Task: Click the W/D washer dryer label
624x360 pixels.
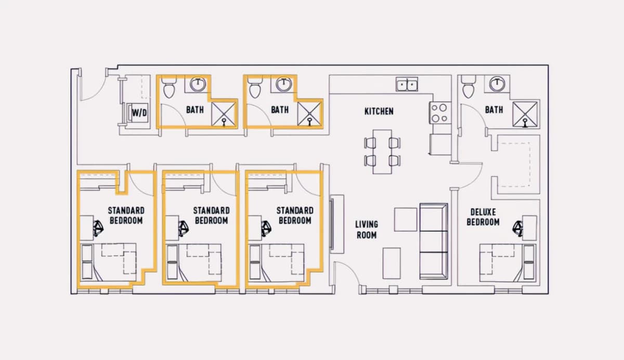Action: [x=139, y=113]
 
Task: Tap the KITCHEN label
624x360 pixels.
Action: [x=379, y=111]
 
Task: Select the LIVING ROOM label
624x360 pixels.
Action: [x=367, y=229]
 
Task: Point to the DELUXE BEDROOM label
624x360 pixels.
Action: [x=483, y=217]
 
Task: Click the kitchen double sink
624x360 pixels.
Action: [x=407, y=84]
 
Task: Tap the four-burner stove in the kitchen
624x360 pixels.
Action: [x=440, y=113]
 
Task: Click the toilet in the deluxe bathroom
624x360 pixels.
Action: [x=469, y=87]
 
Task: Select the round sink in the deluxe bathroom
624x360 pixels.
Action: [x=497, y=84]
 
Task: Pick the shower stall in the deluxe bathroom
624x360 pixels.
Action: [x=525, y=114]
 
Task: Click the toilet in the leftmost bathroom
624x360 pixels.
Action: [x=169, y=87]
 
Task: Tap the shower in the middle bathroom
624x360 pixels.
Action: [x=309, y=114]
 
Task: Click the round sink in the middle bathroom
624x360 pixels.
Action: [x=284, y=84]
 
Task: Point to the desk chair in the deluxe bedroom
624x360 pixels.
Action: [x=518, y=228]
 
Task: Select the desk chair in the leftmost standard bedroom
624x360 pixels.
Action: [x=98, y=228]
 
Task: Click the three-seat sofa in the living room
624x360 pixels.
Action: [x=434, y=241]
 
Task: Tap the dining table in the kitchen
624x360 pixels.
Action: [x=382, y=152]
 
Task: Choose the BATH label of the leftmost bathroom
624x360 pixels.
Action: [x=194, y=110]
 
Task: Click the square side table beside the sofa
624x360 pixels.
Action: [x=406, y=220]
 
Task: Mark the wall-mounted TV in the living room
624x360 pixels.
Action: [x=332, y=224]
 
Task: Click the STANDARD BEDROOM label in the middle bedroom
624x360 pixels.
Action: [x=212, y=215]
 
